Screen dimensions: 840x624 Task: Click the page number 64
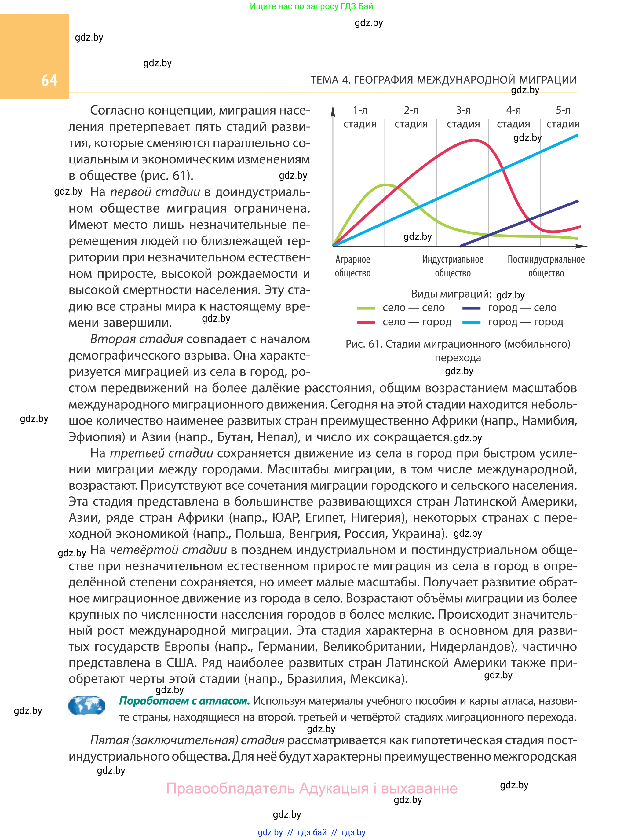pyautogui.click(x=49, y=80)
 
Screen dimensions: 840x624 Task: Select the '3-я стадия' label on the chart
pyautogui.click(x=463, y=117)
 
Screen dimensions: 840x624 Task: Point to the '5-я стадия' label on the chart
pyautogui.click(x=563, y=117)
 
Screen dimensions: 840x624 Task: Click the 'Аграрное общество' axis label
pyautogui.click(x=353, y=266)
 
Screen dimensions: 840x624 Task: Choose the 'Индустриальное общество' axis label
pyautogui.click(x=453, y=266)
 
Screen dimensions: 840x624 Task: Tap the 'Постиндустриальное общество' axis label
pyautogui.click(x=546, y=266)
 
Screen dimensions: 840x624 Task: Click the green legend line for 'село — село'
pyautogui.click(x=366, y=308)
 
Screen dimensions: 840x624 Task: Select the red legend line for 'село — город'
pyautogui.click(x=366, y=323)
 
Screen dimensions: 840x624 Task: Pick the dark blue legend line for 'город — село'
pyautogui.click(x=471, y=308)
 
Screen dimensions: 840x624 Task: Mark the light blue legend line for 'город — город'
pyautogui.click(x=471, y=323)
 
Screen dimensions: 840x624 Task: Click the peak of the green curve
pyautogui.click(x=386, y=185)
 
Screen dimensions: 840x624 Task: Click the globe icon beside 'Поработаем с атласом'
pyautogui.click(x=86, y=706)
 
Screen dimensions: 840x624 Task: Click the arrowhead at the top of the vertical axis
pyautogui.click(x=333, y=110)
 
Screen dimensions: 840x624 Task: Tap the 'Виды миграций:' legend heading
pyautogui.click(x=451, y=294)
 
